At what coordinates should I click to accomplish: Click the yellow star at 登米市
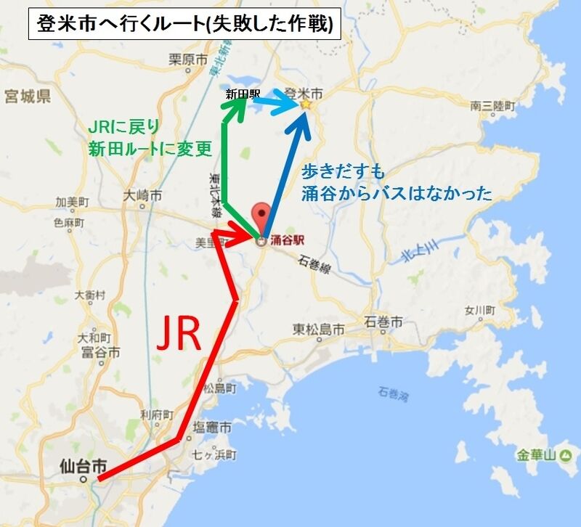click(305, 105)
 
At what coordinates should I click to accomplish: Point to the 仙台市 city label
click(85, 463)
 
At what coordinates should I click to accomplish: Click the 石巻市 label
click(384, 322)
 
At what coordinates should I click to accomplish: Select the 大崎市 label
click(142, 195)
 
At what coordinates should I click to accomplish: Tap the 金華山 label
click(535, 456)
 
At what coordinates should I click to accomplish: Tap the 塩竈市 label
click(212, 428)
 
